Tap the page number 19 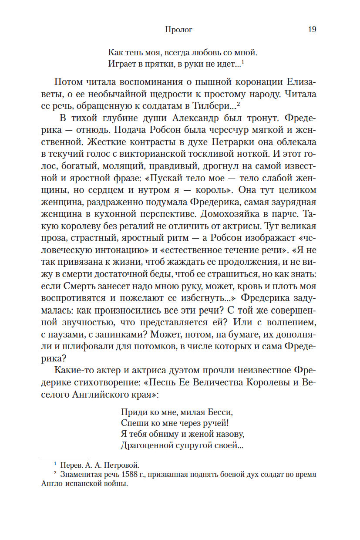(312, 30)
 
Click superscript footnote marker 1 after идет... (243, 62)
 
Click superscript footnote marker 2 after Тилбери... (239, 105)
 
